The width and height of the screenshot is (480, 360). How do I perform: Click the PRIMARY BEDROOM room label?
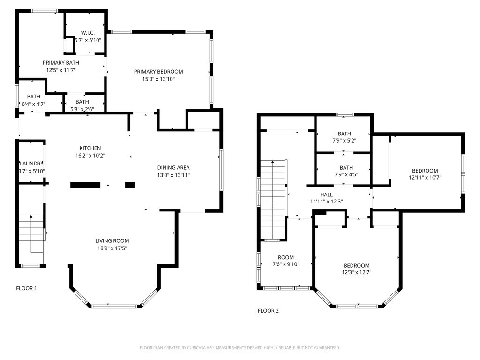(158, 72)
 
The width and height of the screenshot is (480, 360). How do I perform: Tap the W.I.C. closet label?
(88, 33)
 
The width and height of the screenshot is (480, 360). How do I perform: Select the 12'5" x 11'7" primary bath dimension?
(61, 70)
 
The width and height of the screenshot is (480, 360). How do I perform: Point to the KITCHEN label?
(90, 148)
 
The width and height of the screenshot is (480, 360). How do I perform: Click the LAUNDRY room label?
(31, 164)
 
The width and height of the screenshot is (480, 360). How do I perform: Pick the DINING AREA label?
(173, 168)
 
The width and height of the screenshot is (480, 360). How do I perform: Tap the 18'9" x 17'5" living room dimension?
(112, 248)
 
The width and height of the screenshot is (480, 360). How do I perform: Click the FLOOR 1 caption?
(26, 288)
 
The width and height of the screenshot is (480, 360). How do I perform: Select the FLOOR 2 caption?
(268, 311)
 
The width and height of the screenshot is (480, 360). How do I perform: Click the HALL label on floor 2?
(327, 195)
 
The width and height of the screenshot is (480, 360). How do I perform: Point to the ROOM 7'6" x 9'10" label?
(286, 261)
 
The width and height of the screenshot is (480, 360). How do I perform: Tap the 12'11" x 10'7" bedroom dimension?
(425, 177)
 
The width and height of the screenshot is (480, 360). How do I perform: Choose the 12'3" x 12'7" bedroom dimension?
(357, 272)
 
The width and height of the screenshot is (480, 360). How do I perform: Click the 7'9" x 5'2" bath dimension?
(345, 141)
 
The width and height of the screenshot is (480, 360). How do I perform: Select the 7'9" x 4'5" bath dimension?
(346, 174)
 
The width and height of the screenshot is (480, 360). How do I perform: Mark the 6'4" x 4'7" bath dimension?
(34, 104)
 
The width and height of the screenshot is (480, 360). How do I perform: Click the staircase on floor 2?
(273, 200)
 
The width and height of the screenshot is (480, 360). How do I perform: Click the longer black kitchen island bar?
(85, 185)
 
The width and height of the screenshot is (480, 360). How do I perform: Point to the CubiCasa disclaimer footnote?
(240, 348)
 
